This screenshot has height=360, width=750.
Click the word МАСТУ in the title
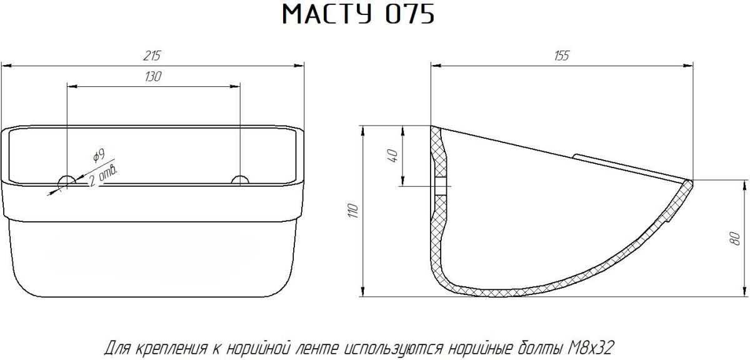pos(327,15)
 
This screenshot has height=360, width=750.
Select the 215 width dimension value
pos(152,56)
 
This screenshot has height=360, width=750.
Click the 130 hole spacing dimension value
pos(153,77)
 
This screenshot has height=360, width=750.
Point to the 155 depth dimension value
pos(561,56)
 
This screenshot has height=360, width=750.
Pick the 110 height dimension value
pos(354,211)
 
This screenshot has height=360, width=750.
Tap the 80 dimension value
pos(736,238)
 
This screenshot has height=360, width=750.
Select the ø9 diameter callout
pos(99,156)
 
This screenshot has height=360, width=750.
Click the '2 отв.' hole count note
pos(104,176)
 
